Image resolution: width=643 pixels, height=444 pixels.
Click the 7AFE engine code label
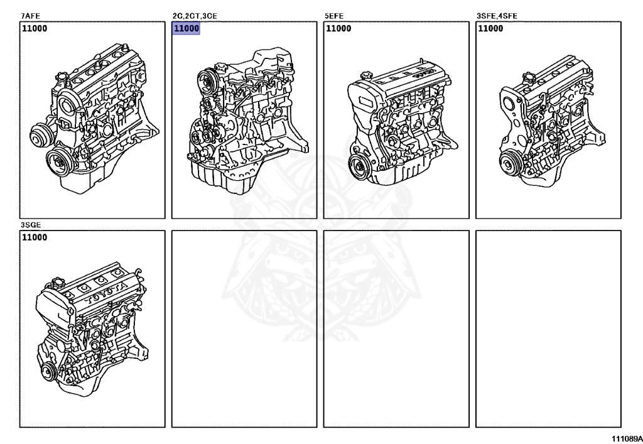click(30, 16)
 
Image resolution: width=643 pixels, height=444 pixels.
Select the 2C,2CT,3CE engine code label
click(195, 16)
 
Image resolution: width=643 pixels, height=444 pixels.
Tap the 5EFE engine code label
click(334, 16)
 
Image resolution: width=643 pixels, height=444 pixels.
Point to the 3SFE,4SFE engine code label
click(497, 16)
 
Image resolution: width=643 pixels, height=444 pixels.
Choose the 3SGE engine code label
click(31, 225)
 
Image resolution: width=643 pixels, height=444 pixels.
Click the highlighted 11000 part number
click(186, 28)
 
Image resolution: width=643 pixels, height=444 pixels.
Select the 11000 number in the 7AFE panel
click(35, 28)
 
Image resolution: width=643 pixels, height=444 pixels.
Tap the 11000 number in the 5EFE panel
click(338, 28)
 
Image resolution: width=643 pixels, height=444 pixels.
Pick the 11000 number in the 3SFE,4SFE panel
click(490, 28)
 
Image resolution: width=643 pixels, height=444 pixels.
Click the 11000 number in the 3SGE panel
click(35, 237)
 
